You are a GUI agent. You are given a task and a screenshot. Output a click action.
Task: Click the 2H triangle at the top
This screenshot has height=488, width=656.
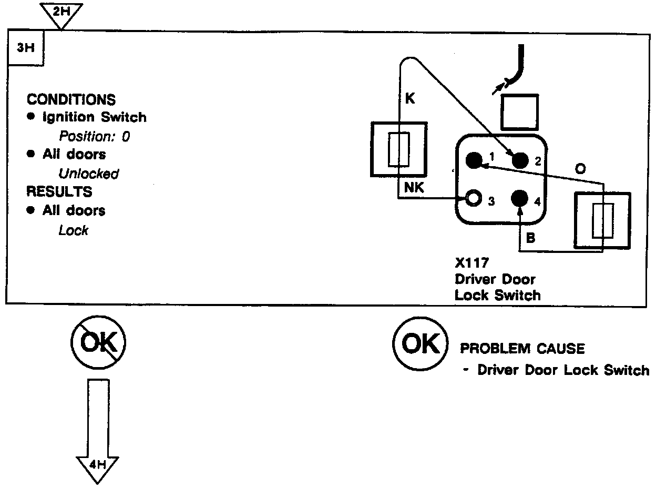(x=61, y=13)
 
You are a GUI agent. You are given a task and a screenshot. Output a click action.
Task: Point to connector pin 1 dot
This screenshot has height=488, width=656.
(x=474, y=160)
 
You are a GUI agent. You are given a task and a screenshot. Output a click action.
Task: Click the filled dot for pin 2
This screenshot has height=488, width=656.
(x=519, y=160)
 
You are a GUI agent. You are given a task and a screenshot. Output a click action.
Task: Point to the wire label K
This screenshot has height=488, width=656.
(x=411, y=99)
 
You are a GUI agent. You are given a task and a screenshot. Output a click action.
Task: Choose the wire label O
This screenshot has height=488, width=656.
(x=581, y=169)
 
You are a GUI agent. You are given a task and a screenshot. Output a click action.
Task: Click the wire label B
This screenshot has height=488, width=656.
(x=530, y=238)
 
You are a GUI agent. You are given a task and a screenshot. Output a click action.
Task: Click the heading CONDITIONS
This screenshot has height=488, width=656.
(x=71, y=99)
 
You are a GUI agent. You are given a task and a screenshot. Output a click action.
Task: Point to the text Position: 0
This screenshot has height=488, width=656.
(x=94, y=136)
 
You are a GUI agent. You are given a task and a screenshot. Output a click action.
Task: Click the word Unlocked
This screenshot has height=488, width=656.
(x=88, y=174)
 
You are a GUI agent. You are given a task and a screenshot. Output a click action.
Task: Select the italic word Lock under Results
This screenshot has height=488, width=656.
(x=73, y=230)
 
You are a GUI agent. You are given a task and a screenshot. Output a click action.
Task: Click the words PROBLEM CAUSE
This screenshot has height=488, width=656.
(x=522, y=349)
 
